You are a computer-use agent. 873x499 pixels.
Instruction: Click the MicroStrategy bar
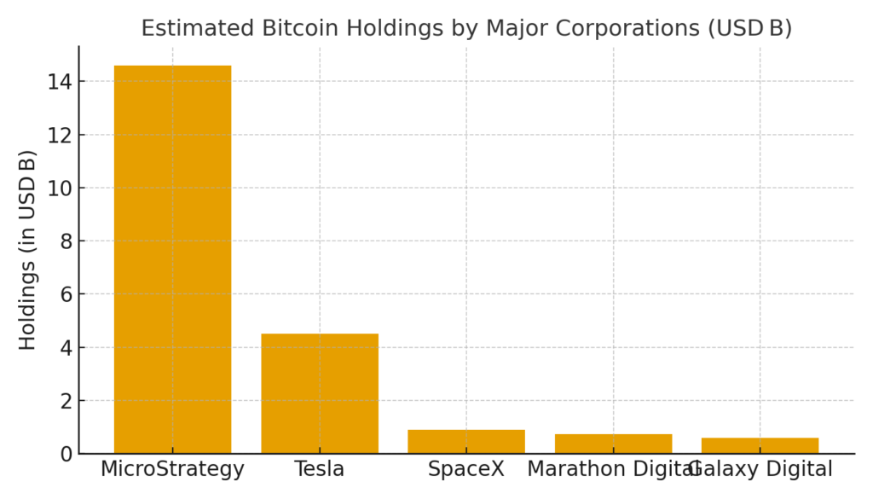click(x=172, y=259)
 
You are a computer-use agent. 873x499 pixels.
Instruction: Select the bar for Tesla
click(x=320, y=393)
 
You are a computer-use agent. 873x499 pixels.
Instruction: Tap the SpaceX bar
click(x=466, y=441)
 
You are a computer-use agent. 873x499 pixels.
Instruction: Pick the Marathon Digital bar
click(x=613, y=444)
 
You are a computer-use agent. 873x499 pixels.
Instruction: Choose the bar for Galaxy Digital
click(x=760, y=445)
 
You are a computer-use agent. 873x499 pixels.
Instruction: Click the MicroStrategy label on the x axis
click(x=172, y=469)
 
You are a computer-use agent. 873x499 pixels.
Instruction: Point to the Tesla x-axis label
click(x=320, y=469)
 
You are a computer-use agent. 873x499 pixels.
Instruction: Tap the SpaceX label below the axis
click(x=466, y=469)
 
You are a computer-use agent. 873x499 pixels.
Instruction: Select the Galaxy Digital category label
click(x=761, y=469)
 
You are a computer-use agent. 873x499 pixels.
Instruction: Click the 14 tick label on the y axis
click(x=61, y=82)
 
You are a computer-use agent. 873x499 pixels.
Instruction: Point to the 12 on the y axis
click(x=61, y=135)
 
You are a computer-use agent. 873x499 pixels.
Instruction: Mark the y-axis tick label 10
click(x=61, y=188)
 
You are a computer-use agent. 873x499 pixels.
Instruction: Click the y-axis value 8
click(x=66, y=241)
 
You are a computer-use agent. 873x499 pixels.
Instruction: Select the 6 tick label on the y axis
click(x=66, y=294)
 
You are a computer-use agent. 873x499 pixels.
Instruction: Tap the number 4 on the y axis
click(x=66, y=347)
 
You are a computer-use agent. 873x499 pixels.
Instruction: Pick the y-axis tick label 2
click(x=66, y=401)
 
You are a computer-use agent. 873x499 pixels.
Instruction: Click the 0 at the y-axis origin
click(x=66, y=454)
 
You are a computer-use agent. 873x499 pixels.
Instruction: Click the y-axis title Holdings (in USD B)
click(x=28, y=250)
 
